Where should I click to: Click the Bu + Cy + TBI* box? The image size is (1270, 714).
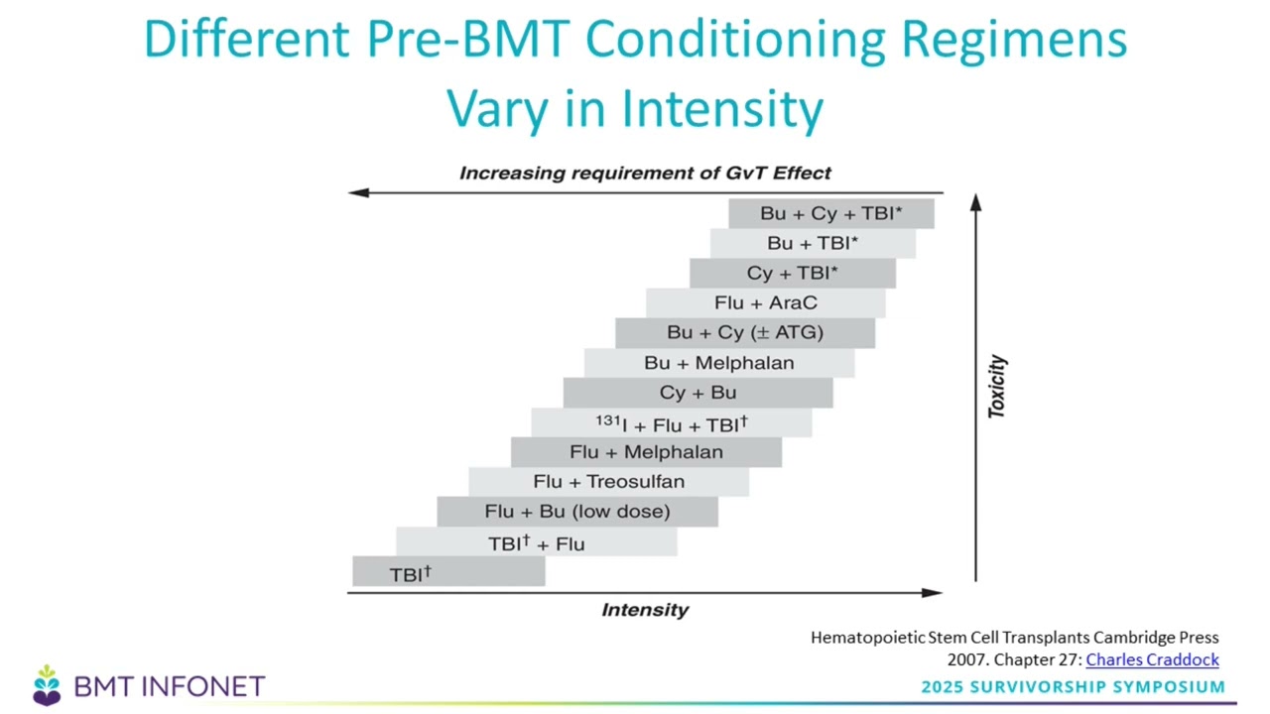[x=830, y=213]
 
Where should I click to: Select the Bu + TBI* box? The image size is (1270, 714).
[x=813, y=243]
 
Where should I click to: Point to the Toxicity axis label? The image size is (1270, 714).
[x=997, y=387]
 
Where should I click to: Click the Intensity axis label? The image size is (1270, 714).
[x=645, y=610]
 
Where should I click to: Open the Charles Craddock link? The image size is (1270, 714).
[x=1152, y=659]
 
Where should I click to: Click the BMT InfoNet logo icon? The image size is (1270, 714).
[x=47, y=685]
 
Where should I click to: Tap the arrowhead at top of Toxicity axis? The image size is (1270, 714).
[x=975, y=201]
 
